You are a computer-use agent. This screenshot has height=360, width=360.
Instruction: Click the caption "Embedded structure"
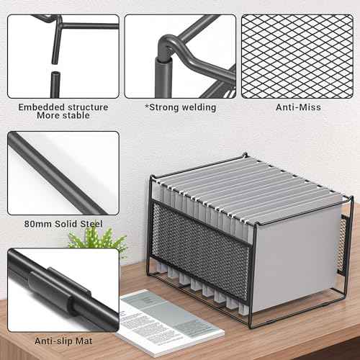[63, 107]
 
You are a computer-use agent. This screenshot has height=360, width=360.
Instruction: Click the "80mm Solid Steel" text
[63, 224]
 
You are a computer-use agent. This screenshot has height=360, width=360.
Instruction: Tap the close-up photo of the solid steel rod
[63, 173]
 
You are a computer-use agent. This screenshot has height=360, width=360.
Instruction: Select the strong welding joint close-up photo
[180, 55]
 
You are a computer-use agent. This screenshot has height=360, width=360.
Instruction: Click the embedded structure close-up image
[63, 55]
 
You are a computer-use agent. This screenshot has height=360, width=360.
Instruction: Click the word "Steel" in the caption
[89, 224]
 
